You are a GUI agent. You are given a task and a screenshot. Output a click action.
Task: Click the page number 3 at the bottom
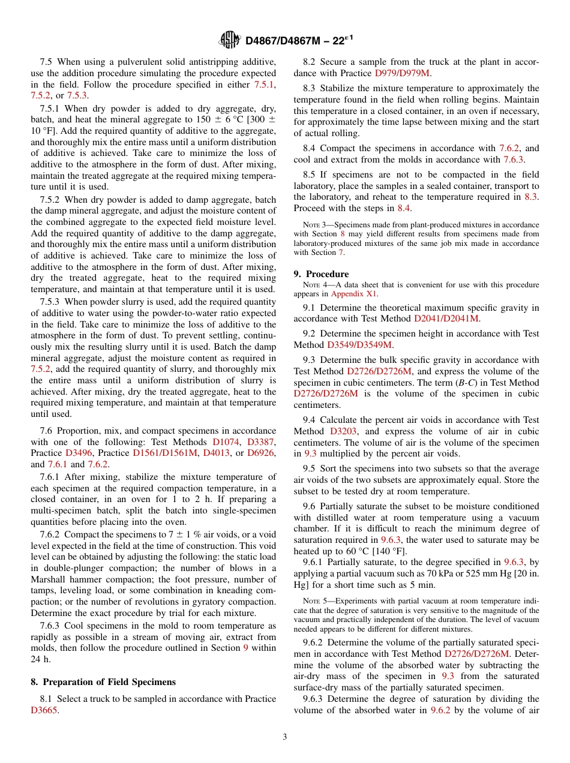click(285, 737)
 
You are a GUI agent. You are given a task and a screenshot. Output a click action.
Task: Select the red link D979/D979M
click(402, 73)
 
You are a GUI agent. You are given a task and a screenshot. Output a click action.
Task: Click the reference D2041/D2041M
click(447, 319)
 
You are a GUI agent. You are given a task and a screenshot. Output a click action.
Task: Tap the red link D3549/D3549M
click(359, 345)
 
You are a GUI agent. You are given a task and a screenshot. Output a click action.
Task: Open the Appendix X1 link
click(355, 294)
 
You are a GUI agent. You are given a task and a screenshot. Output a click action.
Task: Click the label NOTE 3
click(314, 225)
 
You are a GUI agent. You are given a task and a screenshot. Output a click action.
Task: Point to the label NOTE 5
click(314, 600)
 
